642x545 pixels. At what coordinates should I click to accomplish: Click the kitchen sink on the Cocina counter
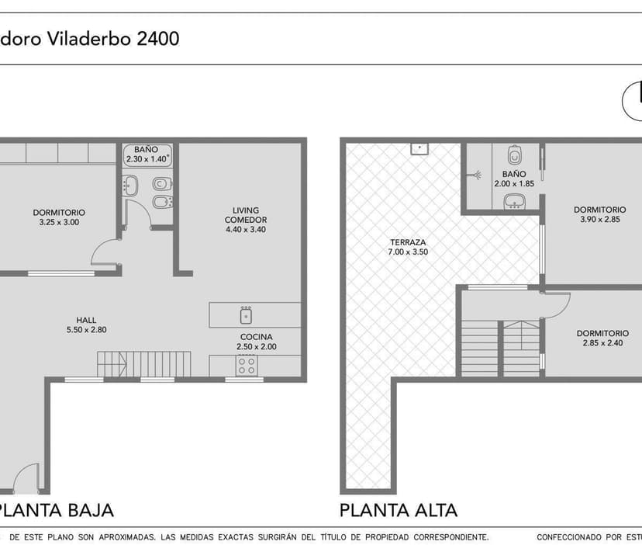(246, 315)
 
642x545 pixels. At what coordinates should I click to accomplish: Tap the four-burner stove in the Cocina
(247, 366)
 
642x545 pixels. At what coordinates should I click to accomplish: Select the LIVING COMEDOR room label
(246, 220)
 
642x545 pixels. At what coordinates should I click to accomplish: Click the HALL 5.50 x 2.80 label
(86, 325)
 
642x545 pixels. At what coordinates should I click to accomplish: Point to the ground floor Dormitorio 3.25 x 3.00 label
(59, 217)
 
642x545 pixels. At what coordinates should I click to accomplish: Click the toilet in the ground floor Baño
(162, 183)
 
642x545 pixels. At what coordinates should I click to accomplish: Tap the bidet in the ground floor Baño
(163, 202)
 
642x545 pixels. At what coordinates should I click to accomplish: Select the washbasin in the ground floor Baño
(130, 186)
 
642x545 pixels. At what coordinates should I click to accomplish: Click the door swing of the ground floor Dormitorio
(100, 248)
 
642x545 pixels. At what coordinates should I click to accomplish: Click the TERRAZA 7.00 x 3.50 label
(408, 248)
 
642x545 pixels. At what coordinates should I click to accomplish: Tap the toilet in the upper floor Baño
(515, 154)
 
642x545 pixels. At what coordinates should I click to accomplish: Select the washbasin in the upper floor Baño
(515, 201)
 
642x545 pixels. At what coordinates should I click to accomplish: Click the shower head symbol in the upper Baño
(476, 175)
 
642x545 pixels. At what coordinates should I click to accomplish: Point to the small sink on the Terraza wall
(419, 148)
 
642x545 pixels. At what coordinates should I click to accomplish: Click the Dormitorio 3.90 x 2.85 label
(600, 214)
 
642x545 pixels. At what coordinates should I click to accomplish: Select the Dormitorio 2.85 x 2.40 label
(602, 338)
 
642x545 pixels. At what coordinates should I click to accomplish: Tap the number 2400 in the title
(158, 39)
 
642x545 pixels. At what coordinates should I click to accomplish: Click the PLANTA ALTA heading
(399, 511)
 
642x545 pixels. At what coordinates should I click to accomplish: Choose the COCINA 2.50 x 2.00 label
(257, 342)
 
